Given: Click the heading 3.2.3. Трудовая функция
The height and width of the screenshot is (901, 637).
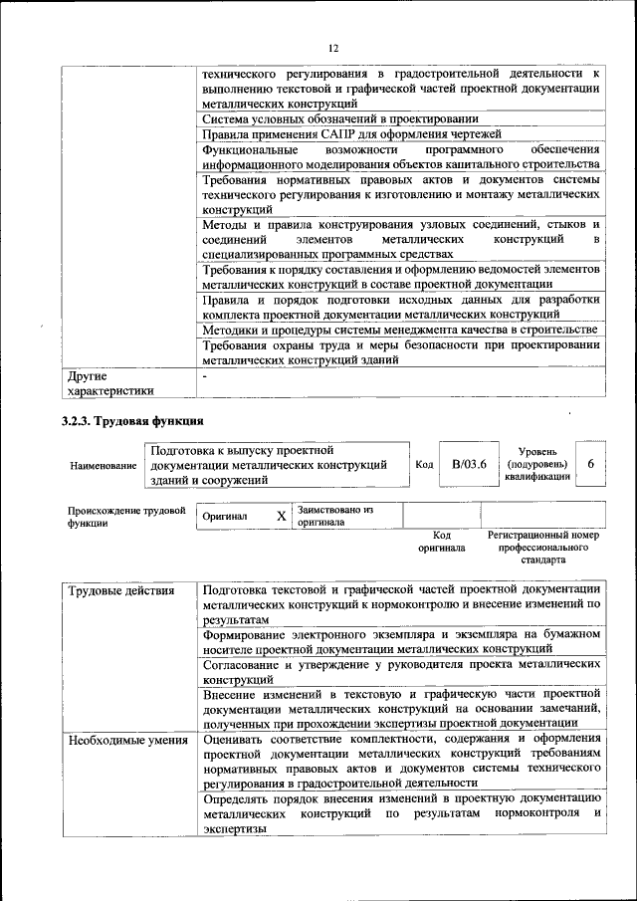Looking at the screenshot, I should click(x=133, y=421).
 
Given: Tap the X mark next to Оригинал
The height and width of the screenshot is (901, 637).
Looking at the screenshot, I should click(x=281, y=516).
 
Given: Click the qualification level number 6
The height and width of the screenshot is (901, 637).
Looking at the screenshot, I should click(x=591, y=464).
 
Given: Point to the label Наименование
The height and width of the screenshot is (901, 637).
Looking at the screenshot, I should click(x=103, y=465).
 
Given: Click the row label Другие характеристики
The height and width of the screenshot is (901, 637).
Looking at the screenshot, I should click(x=110, y=383).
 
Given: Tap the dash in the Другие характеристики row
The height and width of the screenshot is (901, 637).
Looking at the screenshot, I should click(x=205, y=376).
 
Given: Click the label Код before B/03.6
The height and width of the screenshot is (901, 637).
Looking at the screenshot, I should click(x=424, y=465).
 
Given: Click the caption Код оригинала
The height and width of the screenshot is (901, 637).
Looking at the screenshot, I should click(x=441, y=541).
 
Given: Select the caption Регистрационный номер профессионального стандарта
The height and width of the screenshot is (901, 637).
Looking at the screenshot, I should click(x=543, y=548).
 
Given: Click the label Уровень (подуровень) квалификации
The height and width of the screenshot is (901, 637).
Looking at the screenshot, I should click(x=537, y=464).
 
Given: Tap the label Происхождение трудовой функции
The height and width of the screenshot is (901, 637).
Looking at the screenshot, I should click(x=126, y=516).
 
